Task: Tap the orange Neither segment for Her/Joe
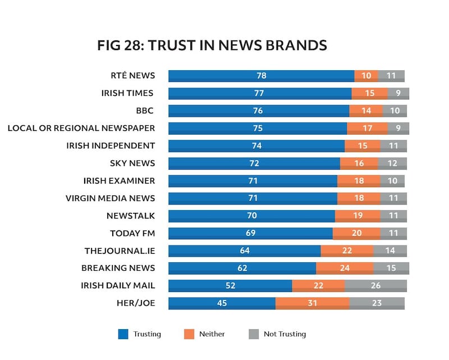(312, 303)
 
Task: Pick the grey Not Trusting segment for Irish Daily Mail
(375, 286)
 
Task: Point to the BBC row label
(145, 111)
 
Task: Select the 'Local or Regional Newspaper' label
(81, 128)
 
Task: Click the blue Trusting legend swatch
(123, 334)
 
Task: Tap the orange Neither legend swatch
(189, 334)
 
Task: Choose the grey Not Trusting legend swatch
(254, 334)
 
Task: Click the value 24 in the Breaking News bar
(345, 268)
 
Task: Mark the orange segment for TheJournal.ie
(346, 251)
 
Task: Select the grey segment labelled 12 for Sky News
(392, 163)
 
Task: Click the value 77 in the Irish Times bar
(259, 93)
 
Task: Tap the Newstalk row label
(130, 216)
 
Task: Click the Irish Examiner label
(119, 181)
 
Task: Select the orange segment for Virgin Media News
(358, 198)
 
